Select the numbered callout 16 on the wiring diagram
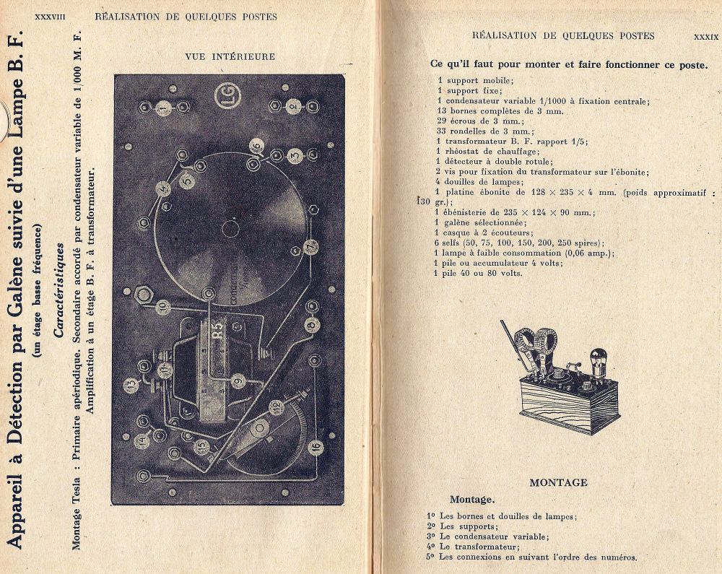click(315, 447)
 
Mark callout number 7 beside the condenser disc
click(310, 247)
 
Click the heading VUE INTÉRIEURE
click(230, 56)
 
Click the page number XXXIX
click(705, 35)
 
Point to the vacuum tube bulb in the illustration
click(598, 357)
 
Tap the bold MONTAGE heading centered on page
click(558, 482)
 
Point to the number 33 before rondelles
click(440, 131)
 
